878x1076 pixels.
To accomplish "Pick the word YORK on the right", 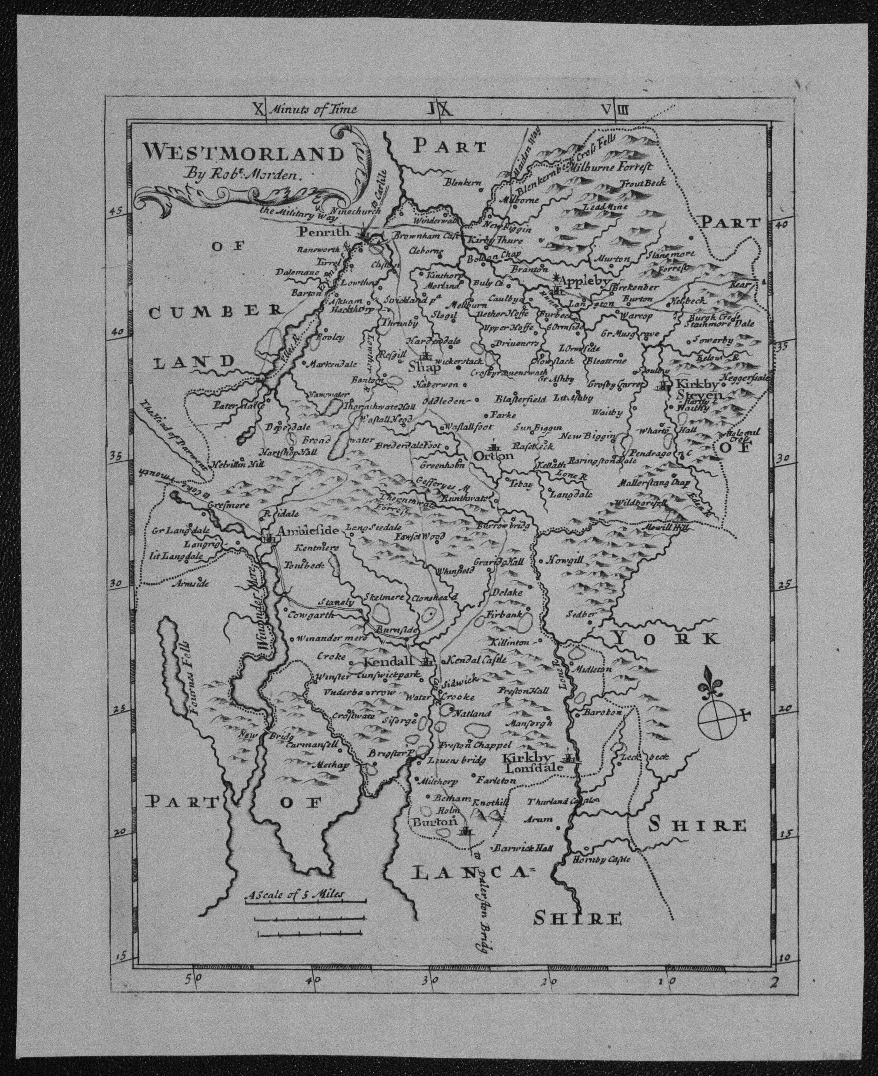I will pos(666,639).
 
